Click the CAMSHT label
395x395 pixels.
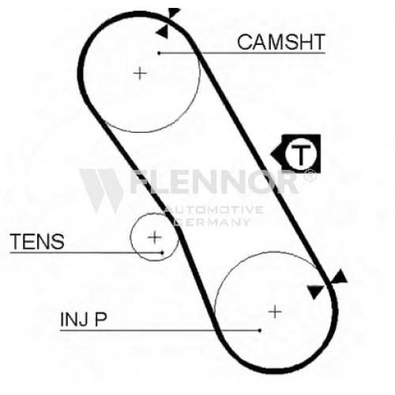point(281,42)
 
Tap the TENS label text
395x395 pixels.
point(37,241)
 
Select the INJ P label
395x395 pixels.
point(84,319)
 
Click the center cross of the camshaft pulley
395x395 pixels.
point(140,73)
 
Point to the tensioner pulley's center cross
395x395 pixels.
point(155,237)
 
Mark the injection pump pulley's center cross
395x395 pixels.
point(275,312)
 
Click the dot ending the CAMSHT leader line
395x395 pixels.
point(159,53)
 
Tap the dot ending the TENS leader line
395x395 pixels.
point(163,253)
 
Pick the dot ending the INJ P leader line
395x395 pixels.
point(260,330)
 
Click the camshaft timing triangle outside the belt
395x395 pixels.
point(174,13)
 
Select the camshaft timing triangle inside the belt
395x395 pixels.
point(163,32)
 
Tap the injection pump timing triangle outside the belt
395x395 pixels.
point(340,277)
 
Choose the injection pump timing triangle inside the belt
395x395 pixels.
point(315,292)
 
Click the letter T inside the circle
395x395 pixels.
point(300,154)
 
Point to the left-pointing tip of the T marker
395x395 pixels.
point(271,154)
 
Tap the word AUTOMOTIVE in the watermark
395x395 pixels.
point(214,210)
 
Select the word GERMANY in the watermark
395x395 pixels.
point(212,222)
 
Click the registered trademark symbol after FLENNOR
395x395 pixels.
point(310,175)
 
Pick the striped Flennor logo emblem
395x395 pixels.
point(101,190)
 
